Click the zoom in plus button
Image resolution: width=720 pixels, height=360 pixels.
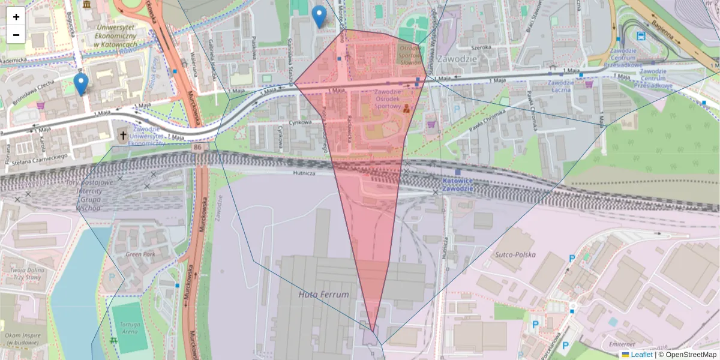pos(16,17)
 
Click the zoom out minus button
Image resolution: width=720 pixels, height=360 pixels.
pos(16,35)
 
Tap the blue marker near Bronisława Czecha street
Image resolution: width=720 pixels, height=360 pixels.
pos(80,84)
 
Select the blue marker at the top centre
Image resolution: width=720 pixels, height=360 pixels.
pos(320,16)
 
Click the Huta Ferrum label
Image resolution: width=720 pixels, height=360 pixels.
pos(323,295)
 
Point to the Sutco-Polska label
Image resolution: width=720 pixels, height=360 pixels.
pos(515,254)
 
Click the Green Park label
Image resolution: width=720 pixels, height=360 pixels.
pos(140,254)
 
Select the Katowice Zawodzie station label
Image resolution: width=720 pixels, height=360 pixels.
pos(458,184)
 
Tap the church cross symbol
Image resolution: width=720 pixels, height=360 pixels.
pos(123,136)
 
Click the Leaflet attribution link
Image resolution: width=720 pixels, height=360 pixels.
pos(641,355)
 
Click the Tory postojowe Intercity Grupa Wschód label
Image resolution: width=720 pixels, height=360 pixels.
pos(89,195)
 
